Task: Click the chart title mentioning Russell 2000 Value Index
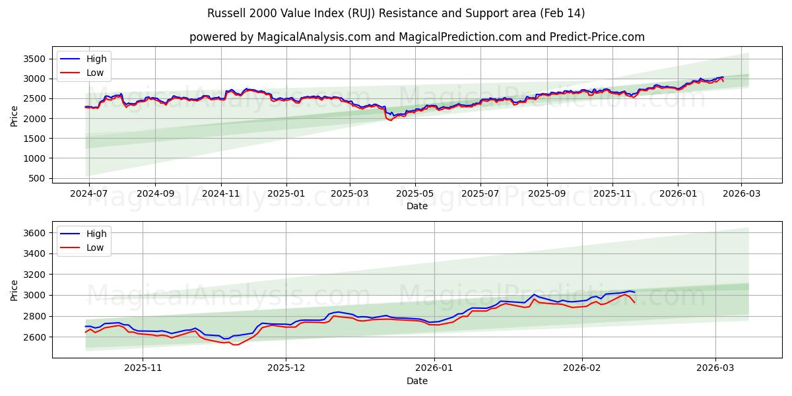(x=396, y=13)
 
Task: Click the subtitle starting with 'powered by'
(x=416, y=37)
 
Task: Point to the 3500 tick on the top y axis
(x=34, y=59)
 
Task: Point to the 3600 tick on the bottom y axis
(x=34, y=233)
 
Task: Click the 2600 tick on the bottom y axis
(x=34, y=337)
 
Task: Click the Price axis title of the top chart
(x=15, y=116)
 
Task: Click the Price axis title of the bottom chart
(x=15, y=290)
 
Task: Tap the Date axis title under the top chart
(x=416, y=206)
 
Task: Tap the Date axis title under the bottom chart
(x=416, y=381)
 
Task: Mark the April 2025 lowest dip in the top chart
(x=390, y=120)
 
